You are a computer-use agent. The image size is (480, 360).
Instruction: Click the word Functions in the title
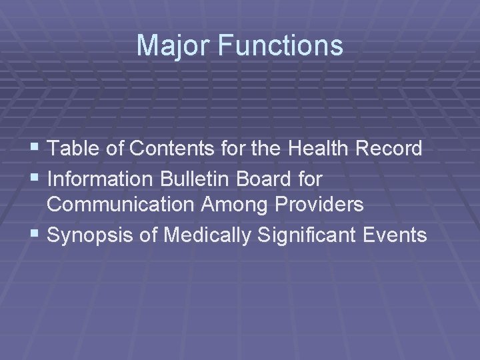click(x=279, y=46)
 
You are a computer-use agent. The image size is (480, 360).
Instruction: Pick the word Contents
click(x=163, y=149)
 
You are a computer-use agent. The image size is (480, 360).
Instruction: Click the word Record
click(x=391, y=149)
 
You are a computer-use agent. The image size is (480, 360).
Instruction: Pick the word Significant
click(x=306, y=235)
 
